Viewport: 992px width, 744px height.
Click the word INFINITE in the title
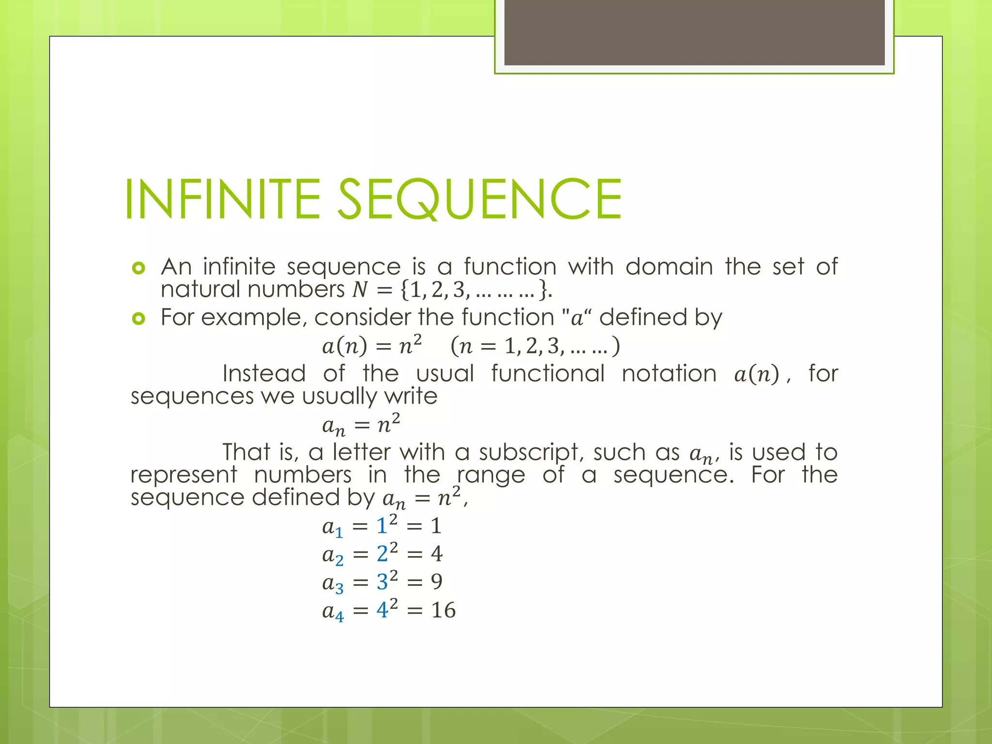tap(222, 199)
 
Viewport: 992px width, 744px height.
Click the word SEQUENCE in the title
tap(479, 199)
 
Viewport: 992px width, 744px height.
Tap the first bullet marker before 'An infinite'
tap(139, 268)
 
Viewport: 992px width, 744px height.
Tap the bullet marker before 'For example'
tap(139, 318)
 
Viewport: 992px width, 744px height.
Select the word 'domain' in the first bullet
tap(669, 267)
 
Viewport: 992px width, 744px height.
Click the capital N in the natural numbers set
tap(360, 290)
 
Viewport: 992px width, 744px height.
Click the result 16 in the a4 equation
tap(443, 610)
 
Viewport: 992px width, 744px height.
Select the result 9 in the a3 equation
tap(436, 582)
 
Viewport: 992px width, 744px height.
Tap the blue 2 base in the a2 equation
tap(382, 554)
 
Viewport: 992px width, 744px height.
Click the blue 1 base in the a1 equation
tap(382, 526)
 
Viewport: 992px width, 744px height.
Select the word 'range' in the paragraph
tap(491, 475)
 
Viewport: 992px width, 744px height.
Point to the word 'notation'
tap(669, 373)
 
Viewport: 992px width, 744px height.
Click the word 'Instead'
tap(264, 373)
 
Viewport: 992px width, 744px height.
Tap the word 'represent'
tap(184, 475)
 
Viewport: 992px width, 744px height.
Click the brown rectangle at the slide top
tap(694, 32)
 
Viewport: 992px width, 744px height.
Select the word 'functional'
tap(548, 373)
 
